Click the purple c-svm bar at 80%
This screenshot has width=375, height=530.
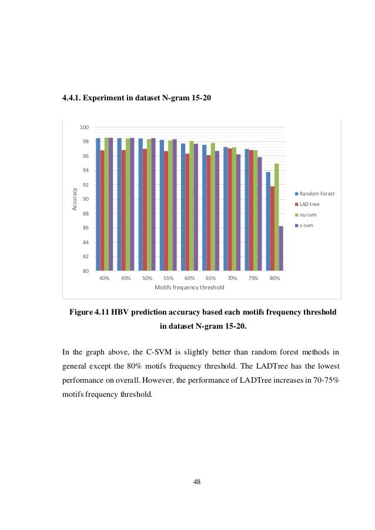[x=281, y=248]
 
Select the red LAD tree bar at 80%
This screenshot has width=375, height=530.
[x=272, y=228]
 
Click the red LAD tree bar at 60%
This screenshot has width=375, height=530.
[x=187, y=212]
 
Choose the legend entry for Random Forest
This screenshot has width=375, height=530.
[x=316, y=193]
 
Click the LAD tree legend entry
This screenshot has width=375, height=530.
[x=310, y=204]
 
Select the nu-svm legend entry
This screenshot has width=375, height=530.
[x=308, y=214]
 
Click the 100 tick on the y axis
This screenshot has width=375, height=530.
[x=84, y=128]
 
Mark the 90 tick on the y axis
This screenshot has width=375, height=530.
[x=85, y=200]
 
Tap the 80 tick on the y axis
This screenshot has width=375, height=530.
[x=85, y=271]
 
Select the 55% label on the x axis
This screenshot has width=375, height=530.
[x=168, y=278]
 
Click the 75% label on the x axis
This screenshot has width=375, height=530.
[x=253, y=278]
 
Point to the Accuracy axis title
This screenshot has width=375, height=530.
[x=75, y=199]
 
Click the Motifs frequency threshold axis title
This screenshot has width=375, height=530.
[x=189, y=288]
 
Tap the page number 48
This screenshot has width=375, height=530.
[x=197, y=482]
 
